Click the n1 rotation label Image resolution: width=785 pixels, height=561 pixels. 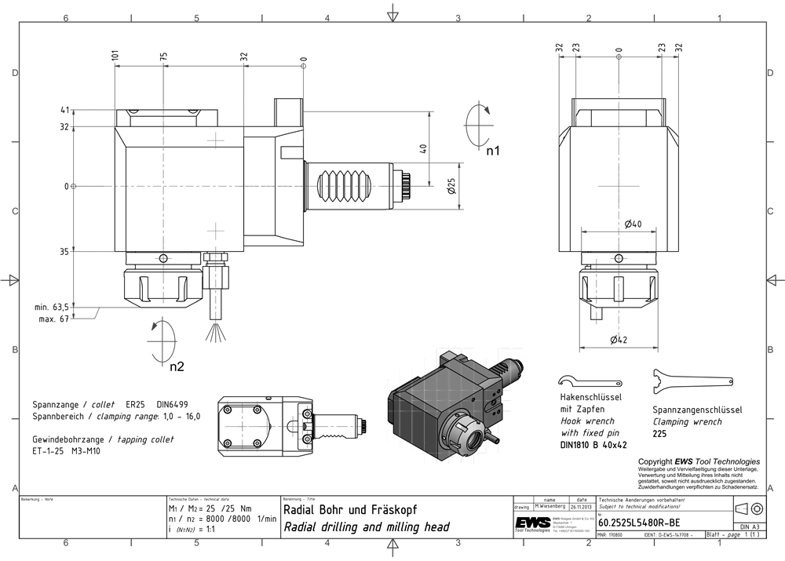492,150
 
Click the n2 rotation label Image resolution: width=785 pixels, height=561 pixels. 177,366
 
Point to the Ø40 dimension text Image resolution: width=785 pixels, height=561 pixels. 633,224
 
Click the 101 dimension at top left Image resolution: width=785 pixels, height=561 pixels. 115,57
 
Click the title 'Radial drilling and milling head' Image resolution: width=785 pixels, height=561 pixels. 366,527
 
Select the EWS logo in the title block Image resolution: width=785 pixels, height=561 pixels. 531,523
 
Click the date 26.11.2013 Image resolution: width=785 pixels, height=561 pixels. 582,507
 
